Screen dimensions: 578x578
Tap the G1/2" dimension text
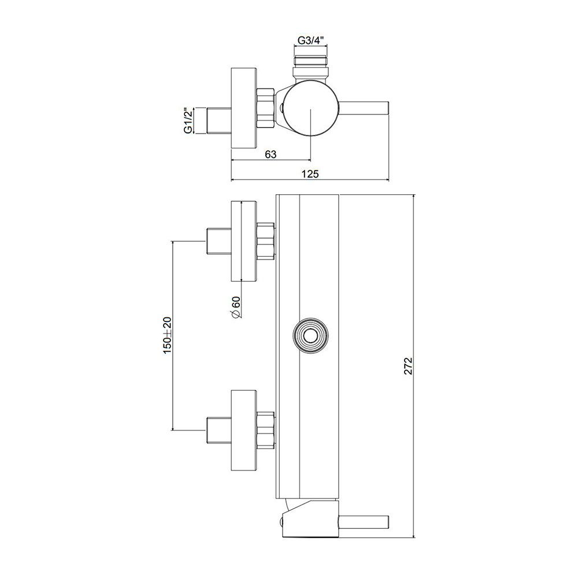tap(188, 121)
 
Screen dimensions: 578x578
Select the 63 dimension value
tap(271, 154)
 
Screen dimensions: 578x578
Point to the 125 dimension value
tap(310, 173)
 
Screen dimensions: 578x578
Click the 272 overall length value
tap(408, 366)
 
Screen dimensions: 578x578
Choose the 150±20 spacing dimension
tap(168, 335)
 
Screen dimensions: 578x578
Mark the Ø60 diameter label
tap(236, 307)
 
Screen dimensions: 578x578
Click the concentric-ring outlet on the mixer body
tap(310, 335)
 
